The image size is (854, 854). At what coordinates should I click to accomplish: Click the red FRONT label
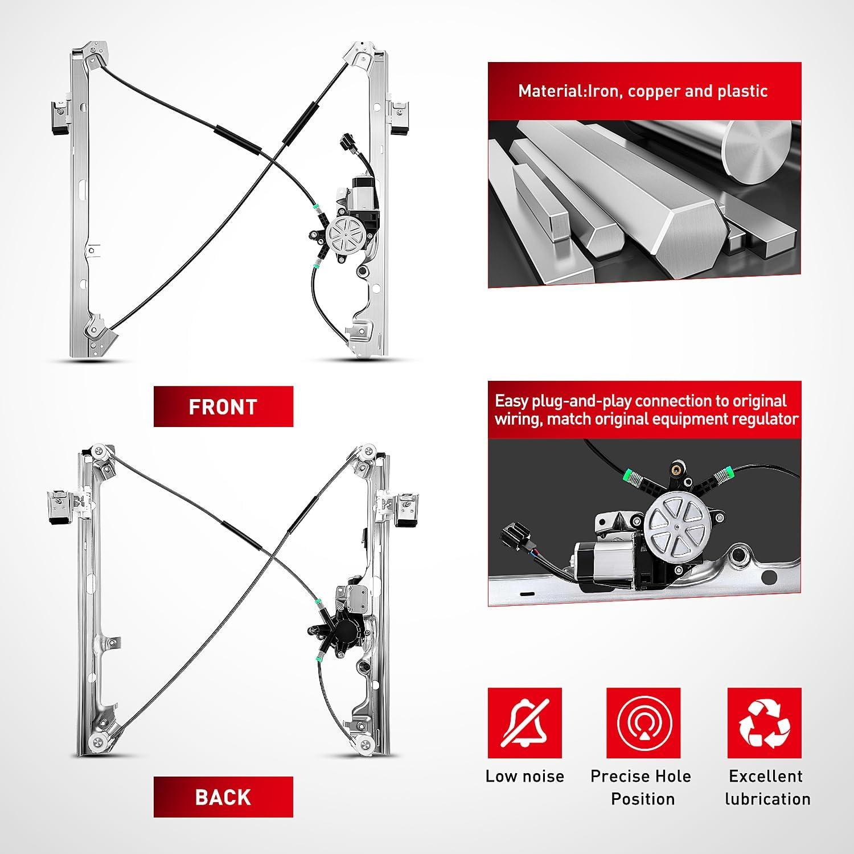(x=223, y=407)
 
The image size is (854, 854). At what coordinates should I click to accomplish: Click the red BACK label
(x=223, y=796)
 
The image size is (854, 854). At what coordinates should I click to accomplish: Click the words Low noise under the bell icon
(x=524, y=776)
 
